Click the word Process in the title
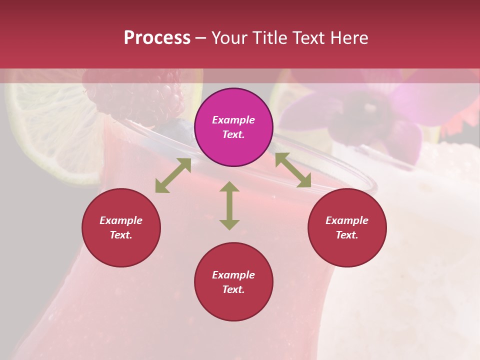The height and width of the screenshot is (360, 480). [157, 38]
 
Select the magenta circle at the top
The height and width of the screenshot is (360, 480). [233, 127]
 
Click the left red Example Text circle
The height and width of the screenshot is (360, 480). [121, 227]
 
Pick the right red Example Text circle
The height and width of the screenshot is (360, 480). [347, 227]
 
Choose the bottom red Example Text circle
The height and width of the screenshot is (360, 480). [233, 282]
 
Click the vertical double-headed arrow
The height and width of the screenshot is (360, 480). [229, 205]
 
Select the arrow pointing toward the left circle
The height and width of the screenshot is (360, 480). [173, 175]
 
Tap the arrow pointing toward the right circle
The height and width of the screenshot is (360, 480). [293, 170]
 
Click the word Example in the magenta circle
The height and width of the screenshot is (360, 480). [233, 120]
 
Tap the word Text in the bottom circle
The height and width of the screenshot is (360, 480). [233, 289]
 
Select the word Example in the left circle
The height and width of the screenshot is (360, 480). [121, 220]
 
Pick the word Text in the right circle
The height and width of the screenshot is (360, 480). [347, 235]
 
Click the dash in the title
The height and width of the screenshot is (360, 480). [201, 38]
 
